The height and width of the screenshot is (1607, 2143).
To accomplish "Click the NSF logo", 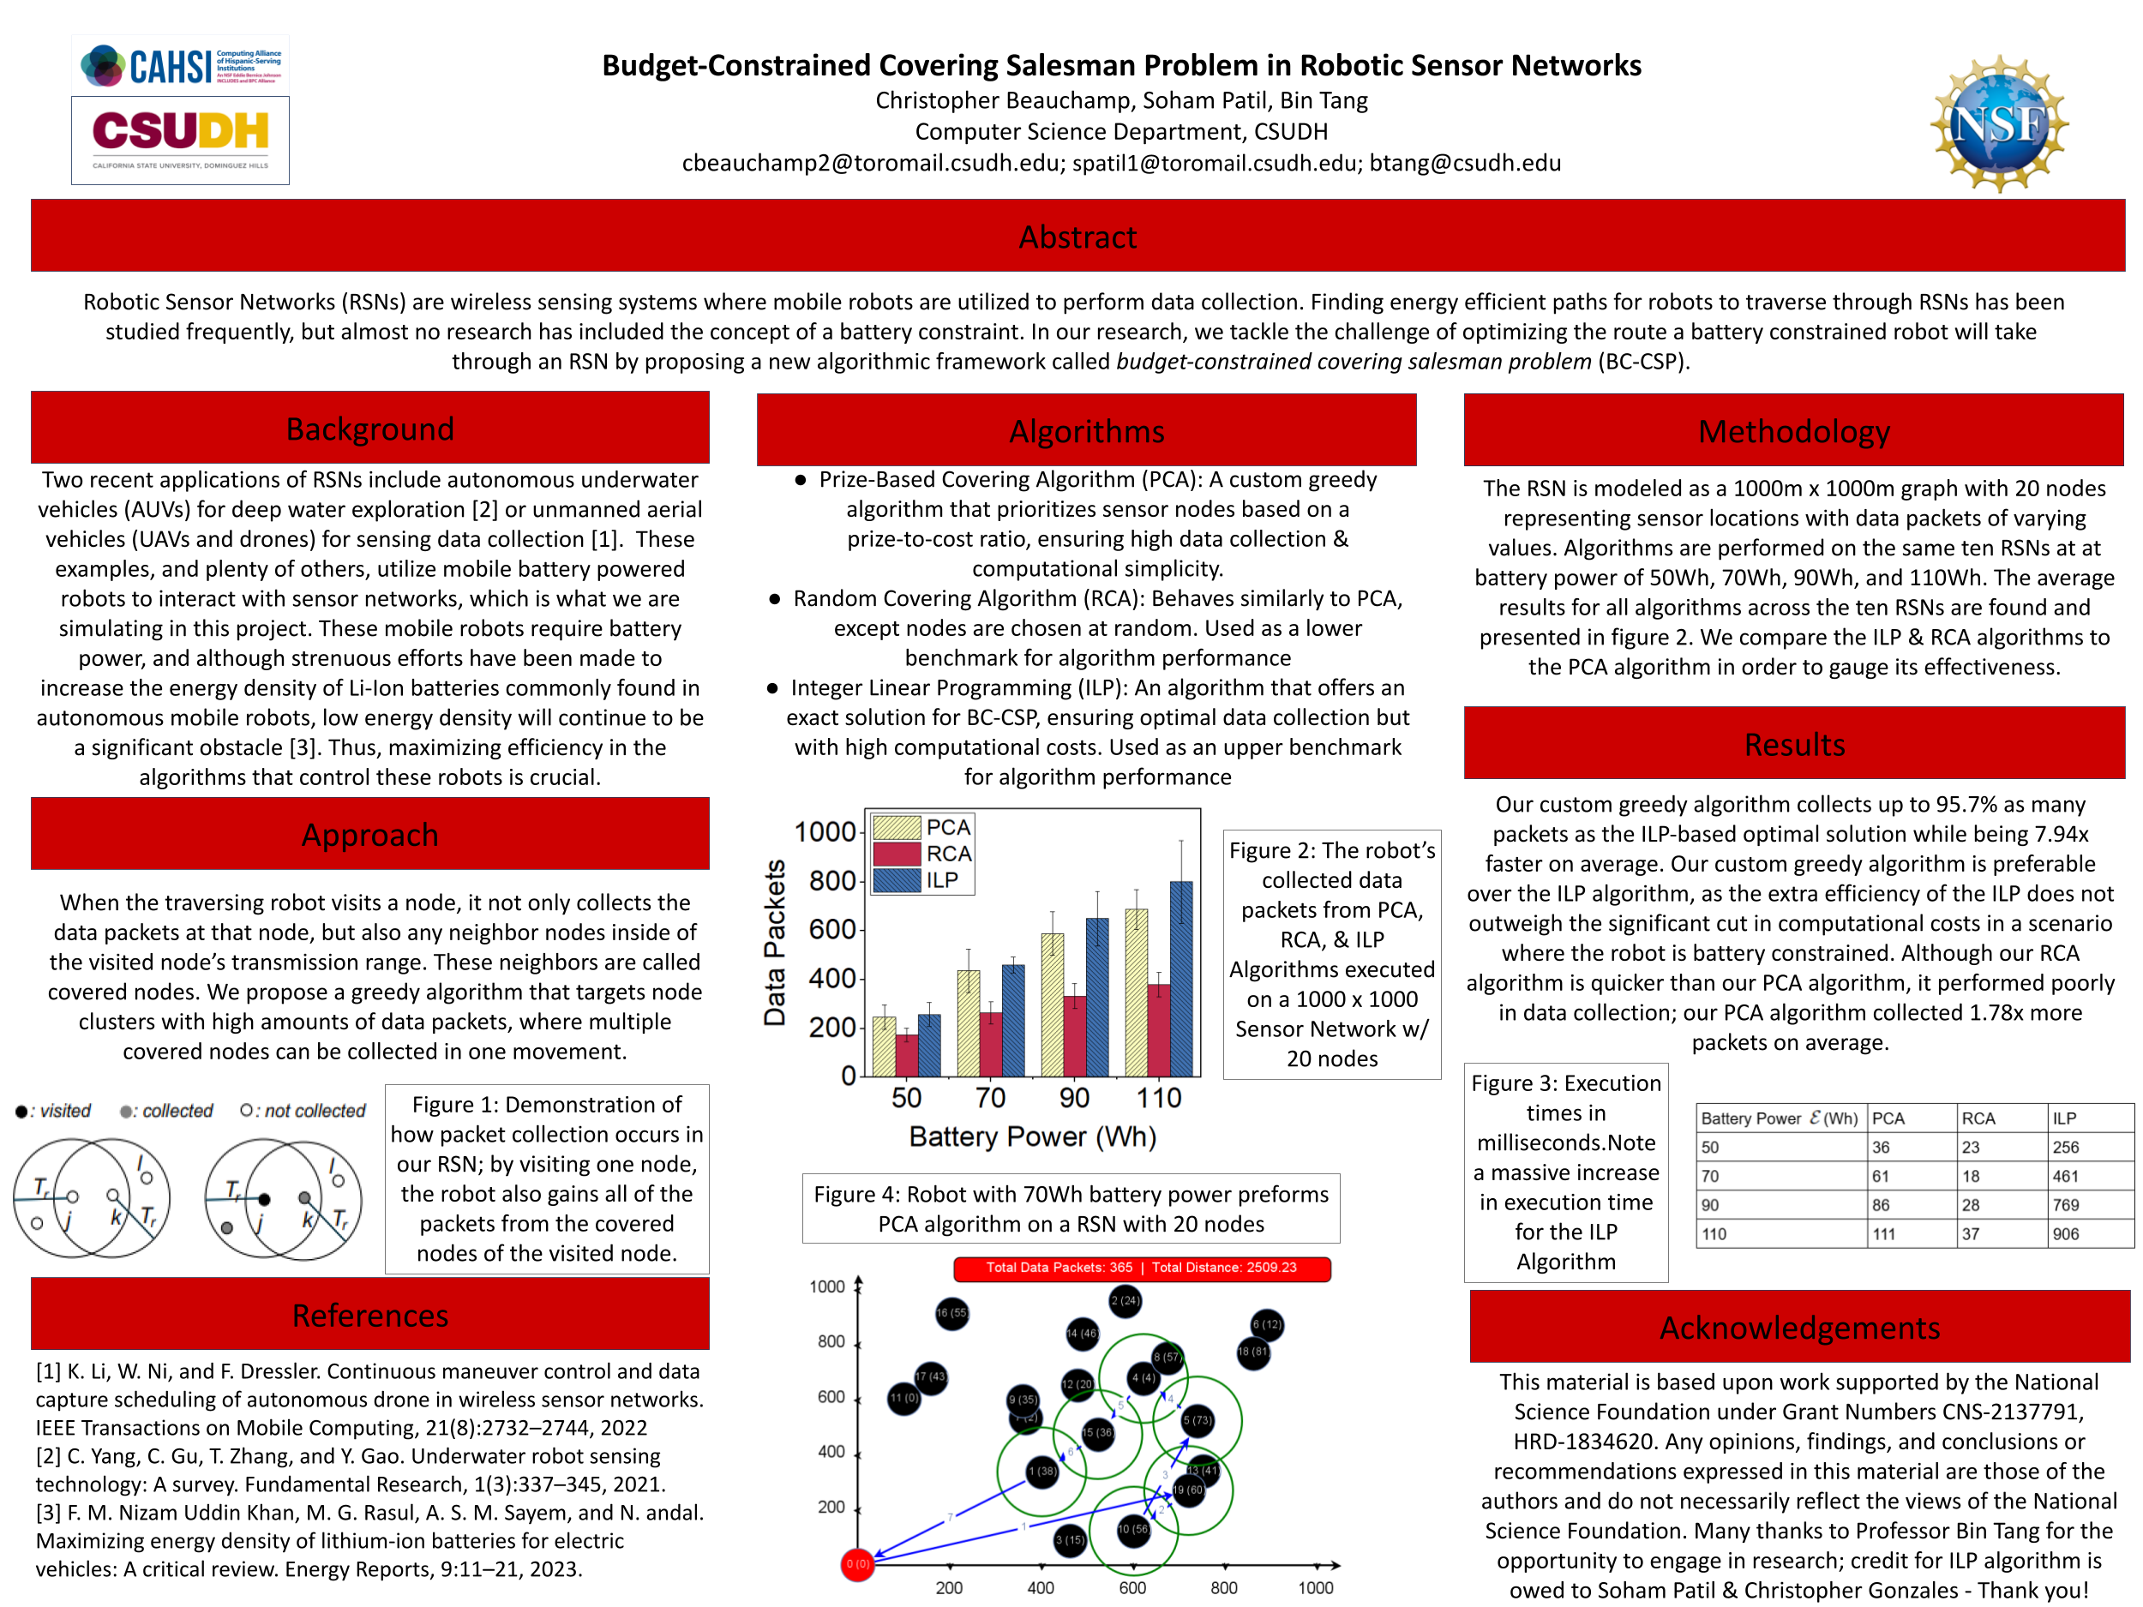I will (x=1999, y=124).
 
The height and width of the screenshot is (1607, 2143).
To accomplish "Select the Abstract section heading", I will (x=1078, y=237).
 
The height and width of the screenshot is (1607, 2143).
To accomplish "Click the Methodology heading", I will (x=1793, y=431).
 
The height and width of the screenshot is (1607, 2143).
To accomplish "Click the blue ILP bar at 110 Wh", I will (x=1181, y=979).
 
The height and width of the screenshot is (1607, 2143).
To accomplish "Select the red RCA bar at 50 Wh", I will (x=907, y=1055).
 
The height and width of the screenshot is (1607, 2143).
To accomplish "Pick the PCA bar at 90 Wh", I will (x=1052, y=1004).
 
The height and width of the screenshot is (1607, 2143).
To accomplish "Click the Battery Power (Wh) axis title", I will (x=1032, y=1136).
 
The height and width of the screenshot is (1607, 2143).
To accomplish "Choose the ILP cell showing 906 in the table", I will (x=2066, y=1234).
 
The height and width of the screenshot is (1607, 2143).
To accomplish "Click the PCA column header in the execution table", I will (x=1888, y=1118).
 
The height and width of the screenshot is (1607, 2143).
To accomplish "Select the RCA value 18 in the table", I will (x=1971, y=1176).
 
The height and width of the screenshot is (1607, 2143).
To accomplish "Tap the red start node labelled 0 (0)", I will (x=857, y=1563).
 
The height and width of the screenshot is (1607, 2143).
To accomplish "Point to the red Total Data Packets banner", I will (x=1141, y=1268).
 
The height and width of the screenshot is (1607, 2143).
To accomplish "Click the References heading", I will (x=370, y=1316).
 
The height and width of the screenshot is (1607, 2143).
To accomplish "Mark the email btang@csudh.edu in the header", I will (x=1465, y=163).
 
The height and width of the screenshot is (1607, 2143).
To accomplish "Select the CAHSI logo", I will (x=180, y=66).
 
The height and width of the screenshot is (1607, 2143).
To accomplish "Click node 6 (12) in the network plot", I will (x=1266, y=1324).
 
